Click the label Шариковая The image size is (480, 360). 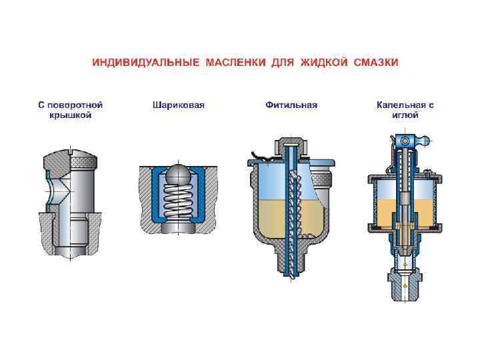(x=178, y=105)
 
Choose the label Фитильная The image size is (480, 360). (x=291, y=105)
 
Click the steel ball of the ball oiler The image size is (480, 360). (x=177, y=174)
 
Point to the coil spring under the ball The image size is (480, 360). (x=177, y=204)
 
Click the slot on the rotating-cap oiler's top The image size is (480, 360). (x=69, y=152)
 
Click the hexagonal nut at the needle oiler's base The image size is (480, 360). (x=403, y=283)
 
